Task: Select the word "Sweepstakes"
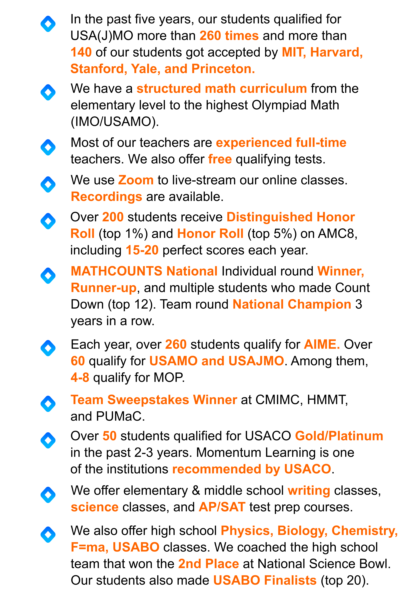tap(148, 400)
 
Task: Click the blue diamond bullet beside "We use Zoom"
tap(48, 184)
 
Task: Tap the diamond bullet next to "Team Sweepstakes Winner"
tap(48, 404)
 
